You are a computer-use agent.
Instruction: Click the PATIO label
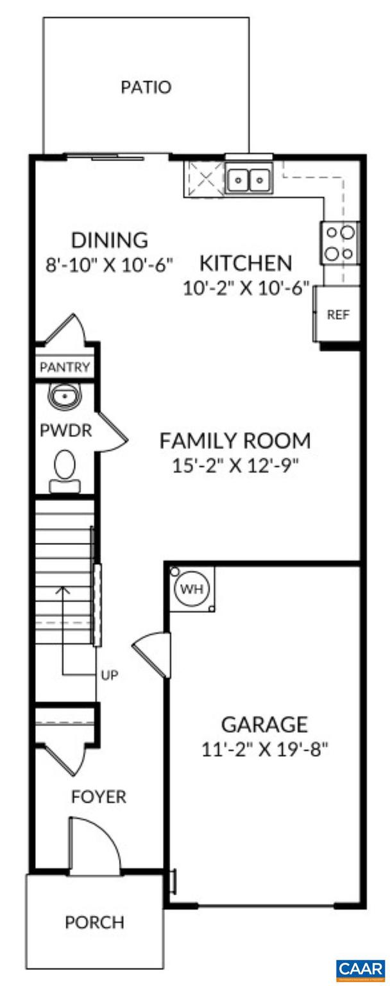(x=146, y=87)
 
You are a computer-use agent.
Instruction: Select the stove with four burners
(x=339, y=243)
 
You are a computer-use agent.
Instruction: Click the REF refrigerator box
(x=337, y=315)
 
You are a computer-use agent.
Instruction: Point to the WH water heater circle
(x=191, y=589)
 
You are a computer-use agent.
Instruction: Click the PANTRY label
(x=65, y=368)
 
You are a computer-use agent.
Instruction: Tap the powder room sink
(x=64, y=397)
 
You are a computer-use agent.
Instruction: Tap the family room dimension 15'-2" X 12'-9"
(x=235, y=465)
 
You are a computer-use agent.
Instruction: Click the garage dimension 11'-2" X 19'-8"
(x=264, y=748)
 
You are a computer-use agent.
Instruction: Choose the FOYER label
(x=98, y=797)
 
